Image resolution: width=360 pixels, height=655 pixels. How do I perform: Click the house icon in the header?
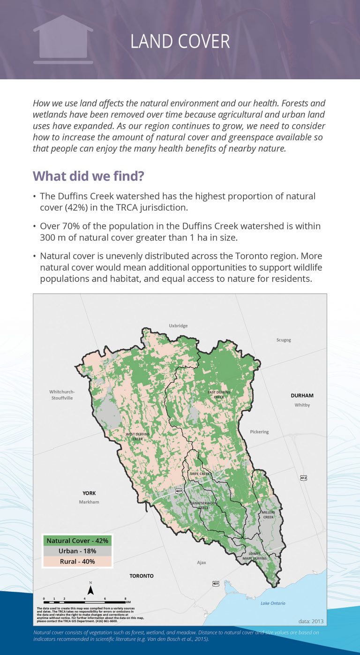click(x=63, y=40)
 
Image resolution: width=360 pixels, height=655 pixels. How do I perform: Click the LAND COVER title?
click(x=180, y=41)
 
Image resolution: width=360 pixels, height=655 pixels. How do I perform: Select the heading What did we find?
click(x=88, y=177)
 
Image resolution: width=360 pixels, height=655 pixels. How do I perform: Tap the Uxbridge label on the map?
click(x=178, y=325)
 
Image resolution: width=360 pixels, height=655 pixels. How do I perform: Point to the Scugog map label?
click(x=284, y=340)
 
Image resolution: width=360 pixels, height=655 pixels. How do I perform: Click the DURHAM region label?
click(x=302, y=396)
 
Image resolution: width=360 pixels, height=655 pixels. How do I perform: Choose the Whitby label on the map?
click(x=302, y=405)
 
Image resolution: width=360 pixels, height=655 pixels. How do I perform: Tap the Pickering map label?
click(x=259, y=432)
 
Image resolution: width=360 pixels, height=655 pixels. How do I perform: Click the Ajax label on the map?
click(x=201, y=562)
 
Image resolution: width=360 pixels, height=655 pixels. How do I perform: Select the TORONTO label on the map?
click(x=142, y=576)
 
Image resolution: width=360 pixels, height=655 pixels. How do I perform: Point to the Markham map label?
click(x=89, y=502)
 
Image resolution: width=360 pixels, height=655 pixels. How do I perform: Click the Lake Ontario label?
click(x=273, y=603)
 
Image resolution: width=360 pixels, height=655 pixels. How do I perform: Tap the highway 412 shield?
click(x=303, y=478)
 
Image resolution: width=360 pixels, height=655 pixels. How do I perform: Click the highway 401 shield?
click(x=216, y=584)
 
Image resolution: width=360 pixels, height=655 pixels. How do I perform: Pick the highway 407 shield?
click(x=179, y=491)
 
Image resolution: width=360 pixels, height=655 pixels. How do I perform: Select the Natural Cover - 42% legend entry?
click(x=77, y=541)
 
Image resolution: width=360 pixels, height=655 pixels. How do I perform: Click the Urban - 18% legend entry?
click(x=77, y=551)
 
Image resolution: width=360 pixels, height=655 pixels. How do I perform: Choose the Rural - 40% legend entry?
click(x=77, y=561)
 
